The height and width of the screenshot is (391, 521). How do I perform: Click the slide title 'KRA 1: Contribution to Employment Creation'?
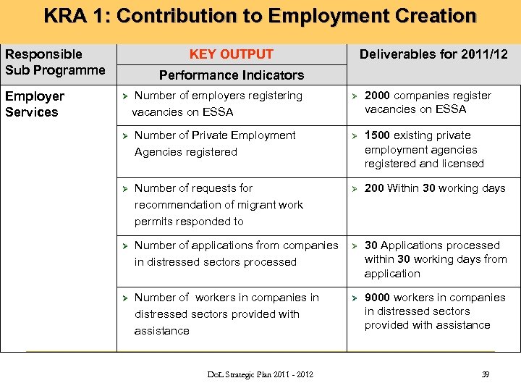pyautogui.click(x=260, y=16)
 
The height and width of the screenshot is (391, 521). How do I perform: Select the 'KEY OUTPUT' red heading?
pyautogui.click(x=231, y=54)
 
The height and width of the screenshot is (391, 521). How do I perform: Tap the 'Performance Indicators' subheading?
pyautogui.click(x=231, y=75)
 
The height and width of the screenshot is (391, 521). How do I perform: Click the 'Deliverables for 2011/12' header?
pyautogui.click(x=433, y=54)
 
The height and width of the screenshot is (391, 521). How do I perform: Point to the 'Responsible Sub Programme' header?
pyautogui.click(x=54, y=62)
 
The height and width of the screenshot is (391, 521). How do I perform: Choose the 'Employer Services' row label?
pyautogui.click(x=35, y=104)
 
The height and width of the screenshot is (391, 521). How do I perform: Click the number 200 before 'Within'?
pyautogui.click(x=374, y=188)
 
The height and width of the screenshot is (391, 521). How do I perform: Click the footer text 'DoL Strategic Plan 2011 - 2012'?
pyautogui.click(x=260, y=374)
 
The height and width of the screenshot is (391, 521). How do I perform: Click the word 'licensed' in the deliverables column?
pyautogui.click(x=462, y=164)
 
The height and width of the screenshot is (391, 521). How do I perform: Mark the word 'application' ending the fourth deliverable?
pyautogui.click(x=392, y=274)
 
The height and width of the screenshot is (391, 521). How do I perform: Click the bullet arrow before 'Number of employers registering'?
pyautogui.click(x=124, y=96)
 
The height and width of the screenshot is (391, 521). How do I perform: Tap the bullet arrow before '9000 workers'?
pyautogui.click(x=355, y=298)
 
